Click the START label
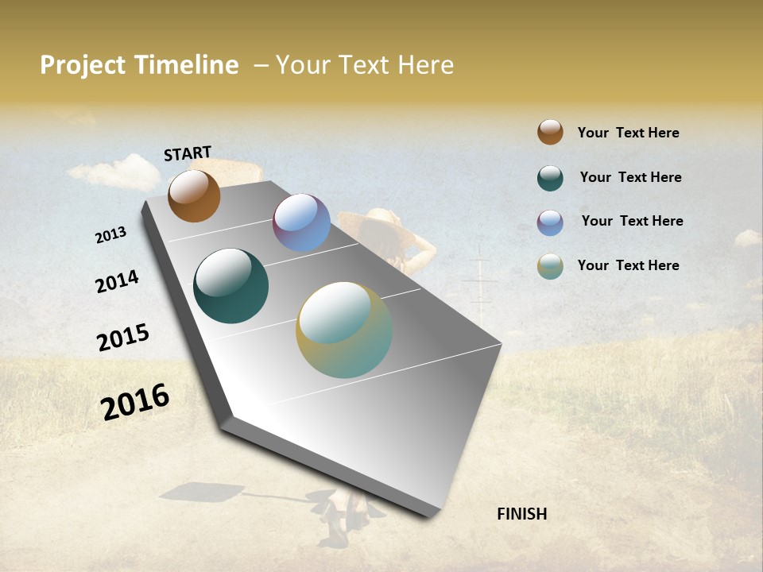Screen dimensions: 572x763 (x=188, y=153)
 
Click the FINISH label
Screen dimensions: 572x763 (x=521, y=514)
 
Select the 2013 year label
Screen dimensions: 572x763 (x=110, y=235)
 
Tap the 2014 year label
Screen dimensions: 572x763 (x=117, y=282)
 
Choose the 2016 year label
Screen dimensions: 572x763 (x=135, y=401)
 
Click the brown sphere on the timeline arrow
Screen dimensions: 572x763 (x=194, y=195)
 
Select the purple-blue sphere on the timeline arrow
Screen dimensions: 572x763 (x=301, y=222)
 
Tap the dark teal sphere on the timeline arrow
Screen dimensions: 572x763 (x=230, y=286)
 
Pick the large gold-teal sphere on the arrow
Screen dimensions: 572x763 (x=343, y=330)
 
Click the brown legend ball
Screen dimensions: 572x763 (x=550, y=132)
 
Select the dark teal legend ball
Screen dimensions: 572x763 (x=550, y=178)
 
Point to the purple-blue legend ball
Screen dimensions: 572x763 (x=550, y=222)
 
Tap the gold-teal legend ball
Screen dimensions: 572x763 (x=550, y=266)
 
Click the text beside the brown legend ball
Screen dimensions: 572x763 (x=628, y=133)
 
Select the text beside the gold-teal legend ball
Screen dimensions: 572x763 (x=628, y=265)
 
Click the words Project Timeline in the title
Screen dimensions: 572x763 (x=139, y=65)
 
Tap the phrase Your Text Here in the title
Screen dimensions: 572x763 (x=365, y=65)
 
